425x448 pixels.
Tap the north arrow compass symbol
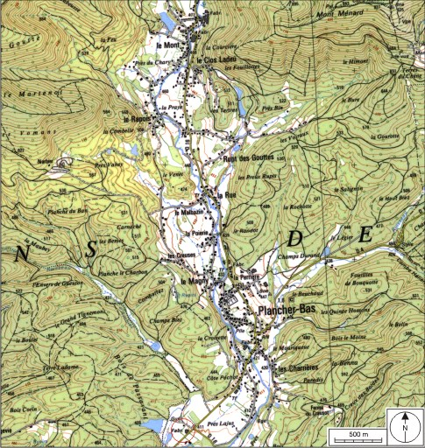(x=405, y=426)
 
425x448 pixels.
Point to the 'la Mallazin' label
(x=191, y=213)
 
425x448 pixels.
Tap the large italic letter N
(x=21, y=253)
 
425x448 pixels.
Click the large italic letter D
(x=296, y=239)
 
